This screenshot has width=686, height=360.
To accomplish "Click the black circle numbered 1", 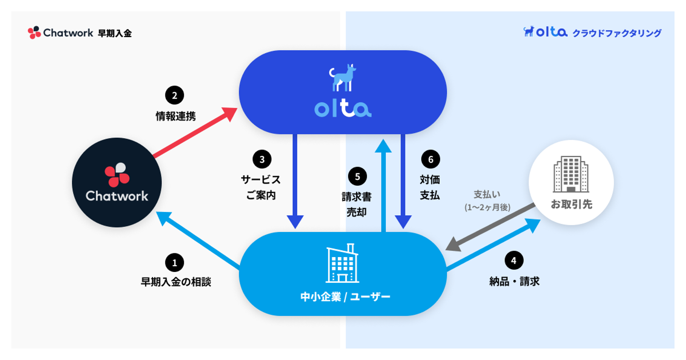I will coord(174,262).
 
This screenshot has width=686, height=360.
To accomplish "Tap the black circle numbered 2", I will coord(174,95).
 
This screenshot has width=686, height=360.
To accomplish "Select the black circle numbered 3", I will coord(262,159).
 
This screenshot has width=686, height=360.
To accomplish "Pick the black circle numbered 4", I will coord(514,260).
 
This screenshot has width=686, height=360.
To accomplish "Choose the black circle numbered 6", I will coord(431,159).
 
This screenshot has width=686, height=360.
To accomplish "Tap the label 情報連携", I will coord(175,116).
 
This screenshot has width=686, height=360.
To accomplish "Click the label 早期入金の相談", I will coord(175,282).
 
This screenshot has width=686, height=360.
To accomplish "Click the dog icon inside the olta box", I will coord(343,78).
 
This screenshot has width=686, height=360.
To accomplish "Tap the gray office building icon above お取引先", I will coord(571,174).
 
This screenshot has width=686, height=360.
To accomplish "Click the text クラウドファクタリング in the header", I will coord(617,33).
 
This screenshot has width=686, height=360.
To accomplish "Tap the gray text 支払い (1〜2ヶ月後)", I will coord(487,200).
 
